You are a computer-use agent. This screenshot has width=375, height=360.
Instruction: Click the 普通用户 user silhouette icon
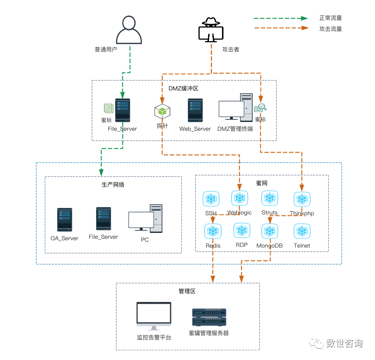tap(129, 30)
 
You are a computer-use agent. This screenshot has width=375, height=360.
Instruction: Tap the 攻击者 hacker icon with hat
tap(211, 29)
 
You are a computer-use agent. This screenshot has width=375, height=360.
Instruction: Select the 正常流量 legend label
tap(331, 18)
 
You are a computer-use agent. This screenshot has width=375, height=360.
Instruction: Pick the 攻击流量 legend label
tap(331, 29)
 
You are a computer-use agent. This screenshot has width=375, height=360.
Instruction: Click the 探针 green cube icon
tap(162, 111)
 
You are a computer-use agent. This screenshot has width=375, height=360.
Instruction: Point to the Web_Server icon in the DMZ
tap(195, 110)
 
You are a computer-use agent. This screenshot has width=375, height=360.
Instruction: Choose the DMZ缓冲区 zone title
tap(183, 89)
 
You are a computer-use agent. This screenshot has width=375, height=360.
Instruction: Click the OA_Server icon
tap(65, 220)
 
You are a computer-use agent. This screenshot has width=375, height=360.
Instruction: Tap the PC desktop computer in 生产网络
tap(145, 219)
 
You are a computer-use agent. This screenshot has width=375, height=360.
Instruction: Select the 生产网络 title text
tap(113, 184)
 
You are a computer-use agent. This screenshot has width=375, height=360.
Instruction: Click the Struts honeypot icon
tap(270, 198)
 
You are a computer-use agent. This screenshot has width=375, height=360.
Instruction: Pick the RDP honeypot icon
tap(242, 230)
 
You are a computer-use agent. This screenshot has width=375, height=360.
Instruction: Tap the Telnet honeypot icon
tap(302, 231)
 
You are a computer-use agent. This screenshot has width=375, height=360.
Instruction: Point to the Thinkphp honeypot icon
tap(302, 199)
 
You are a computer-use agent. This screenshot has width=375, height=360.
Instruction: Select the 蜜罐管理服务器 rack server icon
tap(209, 317)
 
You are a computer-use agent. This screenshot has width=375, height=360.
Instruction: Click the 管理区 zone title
tap(187, 291)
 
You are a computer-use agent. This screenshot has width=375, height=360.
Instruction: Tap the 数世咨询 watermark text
tap(344, 343)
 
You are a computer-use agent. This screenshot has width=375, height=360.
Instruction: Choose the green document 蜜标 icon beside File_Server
tap(109, 108)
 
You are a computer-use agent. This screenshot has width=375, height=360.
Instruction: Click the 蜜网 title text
tap(262, 183)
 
